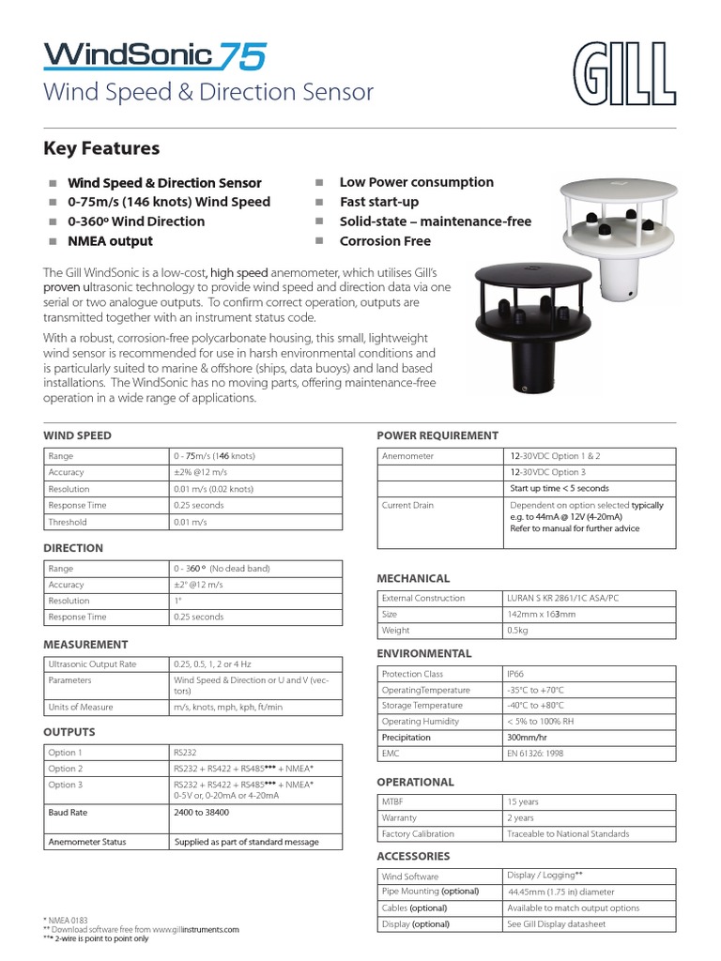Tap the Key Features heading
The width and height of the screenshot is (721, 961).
(x=101, y=148)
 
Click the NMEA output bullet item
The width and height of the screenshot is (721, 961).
(x=110, y=241)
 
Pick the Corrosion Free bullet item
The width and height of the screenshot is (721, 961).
(x=385, y=241)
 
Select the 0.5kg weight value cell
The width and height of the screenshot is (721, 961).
(x=517, y=631)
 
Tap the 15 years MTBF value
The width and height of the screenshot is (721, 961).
(x=523, y=802)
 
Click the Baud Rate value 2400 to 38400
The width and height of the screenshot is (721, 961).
(x=201, y=813)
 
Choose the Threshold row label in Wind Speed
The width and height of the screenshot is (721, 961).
(x=68, y=522)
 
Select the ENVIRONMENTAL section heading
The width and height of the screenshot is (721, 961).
(x=423, y=653)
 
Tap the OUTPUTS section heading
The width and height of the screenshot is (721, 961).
(x=69, y=732)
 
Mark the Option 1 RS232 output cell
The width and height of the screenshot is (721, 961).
(x=184, y=753)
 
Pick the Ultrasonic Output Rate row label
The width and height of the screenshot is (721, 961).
(x=92, y=664)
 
